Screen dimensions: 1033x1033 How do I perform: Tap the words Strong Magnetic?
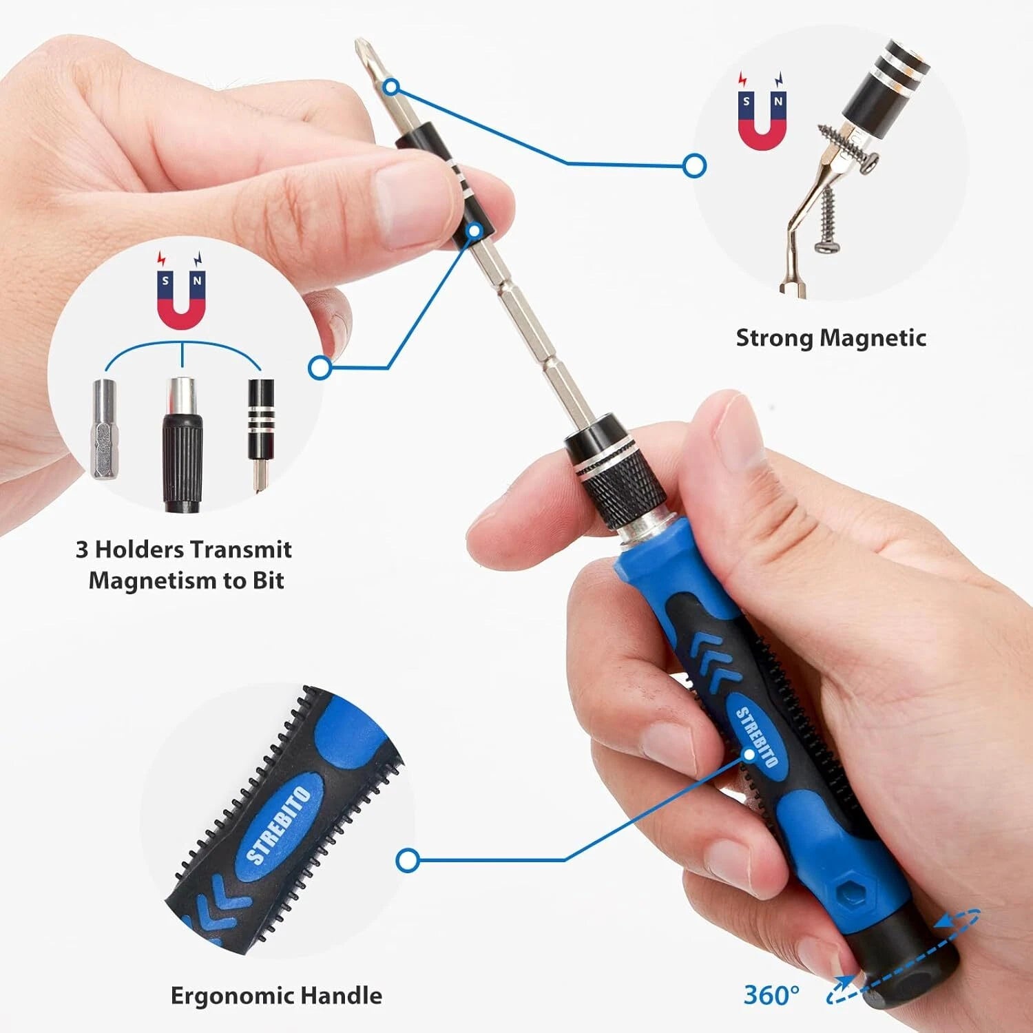(x=831, y=338)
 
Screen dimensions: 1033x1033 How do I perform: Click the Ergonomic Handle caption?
(x=276, y=996)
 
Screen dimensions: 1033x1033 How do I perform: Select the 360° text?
(x=771, y=995)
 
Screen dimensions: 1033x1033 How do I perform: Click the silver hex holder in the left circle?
(x=103, y=428)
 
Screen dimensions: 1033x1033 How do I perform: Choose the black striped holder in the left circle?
(x=261, y=420)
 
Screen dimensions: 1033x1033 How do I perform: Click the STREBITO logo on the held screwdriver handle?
(x=757, y=737)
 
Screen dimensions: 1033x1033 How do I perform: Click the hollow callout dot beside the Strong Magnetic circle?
(x=695, y=165)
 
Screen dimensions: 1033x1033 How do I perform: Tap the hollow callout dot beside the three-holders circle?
(x=320, y=368)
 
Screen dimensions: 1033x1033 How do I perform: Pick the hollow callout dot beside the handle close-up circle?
(x=408, y=860)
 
